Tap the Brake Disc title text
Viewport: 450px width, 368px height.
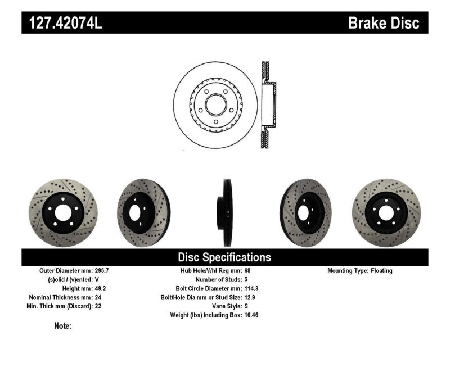click(x=384, y=23)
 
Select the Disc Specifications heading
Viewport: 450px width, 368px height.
click(x=224, y=257)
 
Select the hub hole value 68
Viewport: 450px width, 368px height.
click(x=248, y=271)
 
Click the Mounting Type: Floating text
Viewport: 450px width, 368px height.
click(x=360, y=271)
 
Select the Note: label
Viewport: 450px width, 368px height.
click(x=63, y=326)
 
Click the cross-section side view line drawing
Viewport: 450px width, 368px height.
click(x=267, y=105)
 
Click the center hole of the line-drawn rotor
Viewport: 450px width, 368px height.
click(x=215, y=105)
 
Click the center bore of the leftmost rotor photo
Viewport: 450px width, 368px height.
click(x=62, y=212)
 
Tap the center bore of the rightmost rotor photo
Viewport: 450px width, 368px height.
click(x=386, y=213)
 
